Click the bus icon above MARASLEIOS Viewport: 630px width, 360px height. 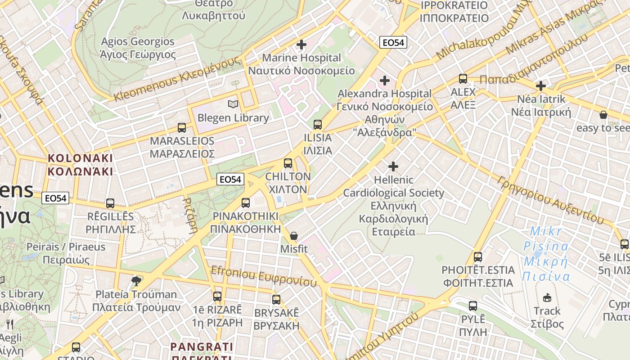coord(182,127)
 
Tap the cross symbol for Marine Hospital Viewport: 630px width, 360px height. coord(301,45)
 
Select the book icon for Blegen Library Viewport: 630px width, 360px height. coord(233,104)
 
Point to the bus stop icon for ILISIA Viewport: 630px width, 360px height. coord(318,124)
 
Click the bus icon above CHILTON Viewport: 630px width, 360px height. coord(288,163)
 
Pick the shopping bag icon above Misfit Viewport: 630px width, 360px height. coord(294,235)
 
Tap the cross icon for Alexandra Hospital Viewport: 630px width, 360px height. coord(384,81)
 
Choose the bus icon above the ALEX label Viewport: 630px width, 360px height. coord(463,79)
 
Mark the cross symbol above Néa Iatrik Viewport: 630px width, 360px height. coord(541,85)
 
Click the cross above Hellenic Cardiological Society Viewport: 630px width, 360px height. coord(393,166)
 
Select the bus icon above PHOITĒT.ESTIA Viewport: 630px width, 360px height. coord(478,257)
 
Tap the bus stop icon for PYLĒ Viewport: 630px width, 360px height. coord(473,306)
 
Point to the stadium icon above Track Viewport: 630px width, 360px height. coord(547,297)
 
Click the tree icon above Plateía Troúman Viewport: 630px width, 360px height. coord(136,282)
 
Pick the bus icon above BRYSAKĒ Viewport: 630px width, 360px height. coord(276,299)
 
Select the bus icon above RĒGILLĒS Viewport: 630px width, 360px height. coord(110,203)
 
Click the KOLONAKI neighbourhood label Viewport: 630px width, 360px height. coord(80,165)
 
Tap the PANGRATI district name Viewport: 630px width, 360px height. coord(202,347)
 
